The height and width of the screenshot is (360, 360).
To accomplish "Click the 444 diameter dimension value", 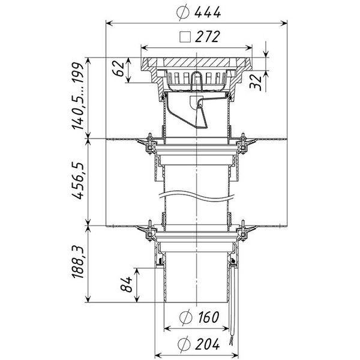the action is click(208, 12).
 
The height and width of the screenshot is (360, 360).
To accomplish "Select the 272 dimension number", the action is click(208, 37).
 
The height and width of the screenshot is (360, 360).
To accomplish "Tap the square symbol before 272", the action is click(185, 37).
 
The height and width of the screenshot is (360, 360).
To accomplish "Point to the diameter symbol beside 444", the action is click(183, 13).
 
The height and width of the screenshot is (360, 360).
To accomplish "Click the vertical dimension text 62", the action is click(118, 68).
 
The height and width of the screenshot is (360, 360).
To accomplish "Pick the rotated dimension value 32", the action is click(256, 82).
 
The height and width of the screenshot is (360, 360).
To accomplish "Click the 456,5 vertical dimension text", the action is click(78, 181).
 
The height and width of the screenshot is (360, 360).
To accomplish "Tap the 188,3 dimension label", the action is click(78, 262).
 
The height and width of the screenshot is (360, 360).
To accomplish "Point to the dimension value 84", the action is click(127, 284).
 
